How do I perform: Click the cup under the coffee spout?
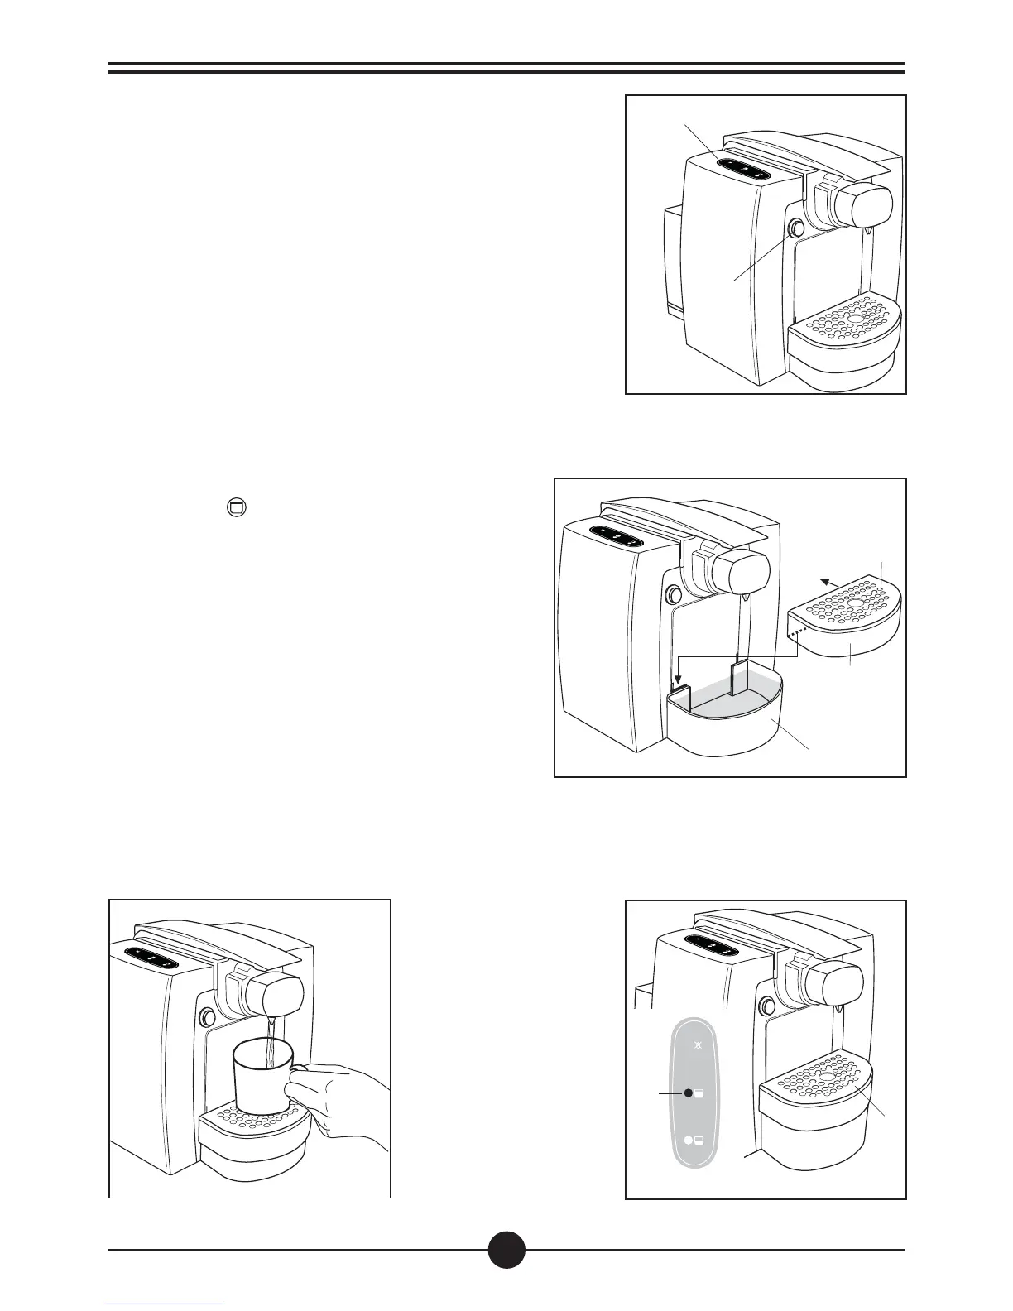[262, 1076]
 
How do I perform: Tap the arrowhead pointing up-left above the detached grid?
[824, 581]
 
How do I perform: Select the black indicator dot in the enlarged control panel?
[688, 1093]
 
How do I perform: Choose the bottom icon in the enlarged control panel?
[694, 1141]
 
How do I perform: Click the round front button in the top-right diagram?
[798, 228]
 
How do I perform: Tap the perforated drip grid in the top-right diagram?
[844, 319]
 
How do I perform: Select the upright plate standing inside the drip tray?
[740, 675]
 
